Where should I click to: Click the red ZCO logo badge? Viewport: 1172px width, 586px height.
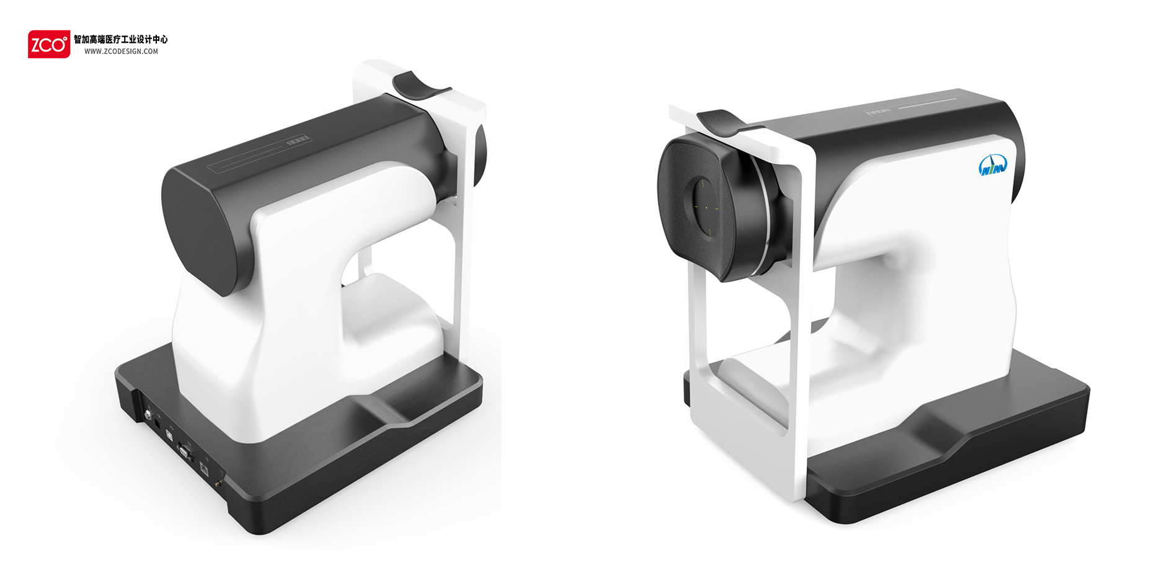[48, 44]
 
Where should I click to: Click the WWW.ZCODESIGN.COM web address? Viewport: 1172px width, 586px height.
[121, 51]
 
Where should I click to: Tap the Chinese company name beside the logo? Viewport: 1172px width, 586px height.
[121, 39]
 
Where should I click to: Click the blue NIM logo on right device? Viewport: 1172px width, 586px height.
[992, 166]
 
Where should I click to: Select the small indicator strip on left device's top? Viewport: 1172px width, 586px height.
[297, 141]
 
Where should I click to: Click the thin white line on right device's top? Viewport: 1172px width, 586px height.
[927, 103]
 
